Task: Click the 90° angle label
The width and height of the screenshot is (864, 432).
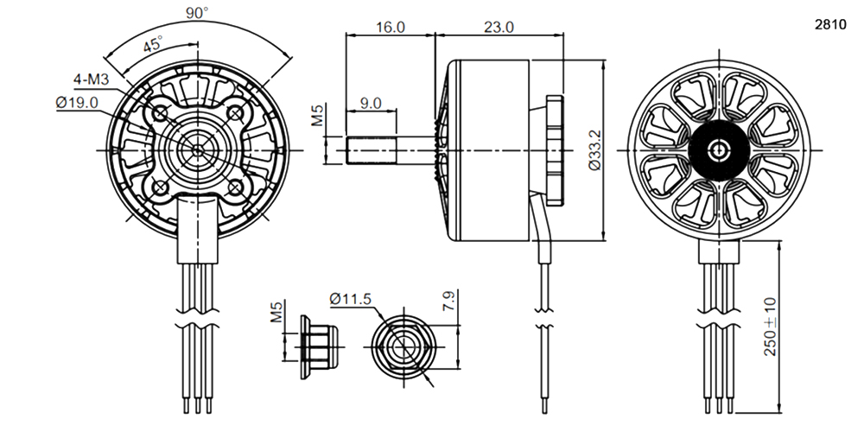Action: point(197,12)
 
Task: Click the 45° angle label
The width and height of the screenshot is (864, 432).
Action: point(153,44)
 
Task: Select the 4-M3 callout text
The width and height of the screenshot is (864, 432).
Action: point(92,79)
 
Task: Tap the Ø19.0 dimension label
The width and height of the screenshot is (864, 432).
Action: point(77,103)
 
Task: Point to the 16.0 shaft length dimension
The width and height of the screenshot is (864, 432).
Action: point(391,27)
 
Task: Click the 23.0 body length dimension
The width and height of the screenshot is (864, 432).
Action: point(499,27)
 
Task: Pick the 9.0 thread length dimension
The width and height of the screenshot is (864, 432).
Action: point(371,103)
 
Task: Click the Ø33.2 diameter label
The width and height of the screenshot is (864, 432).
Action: point(594,149)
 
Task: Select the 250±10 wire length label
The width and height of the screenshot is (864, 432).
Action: point(770,327)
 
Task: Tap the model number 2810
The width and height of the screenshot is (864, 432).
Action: point(830,25)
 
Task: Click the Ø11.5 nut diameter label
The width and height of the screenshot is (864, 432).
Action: point(351,299)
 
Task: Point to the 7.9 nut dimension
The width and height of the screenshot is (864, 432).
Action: point(449,301)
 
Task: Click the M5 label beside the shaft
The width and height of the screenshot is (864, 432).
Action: point(318,115)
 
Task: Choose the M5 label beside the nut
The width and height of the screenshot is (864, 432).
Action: point(276,311)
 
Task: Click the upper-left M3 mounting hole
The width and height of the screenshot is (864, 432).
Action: point(160,113)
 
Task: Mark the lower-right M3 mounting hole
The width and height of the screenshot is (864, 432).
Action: point(235,187)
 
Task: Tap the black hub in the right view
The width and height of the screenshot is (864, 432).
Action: point(719,149)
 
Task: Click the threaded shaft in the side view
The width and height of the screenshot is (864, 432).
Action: point(371,149)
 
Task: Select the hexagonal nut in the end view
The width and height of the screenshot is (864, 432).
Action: point(403,347)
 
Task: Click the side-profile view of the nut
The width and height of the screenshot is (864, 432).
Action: point(318,347)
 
